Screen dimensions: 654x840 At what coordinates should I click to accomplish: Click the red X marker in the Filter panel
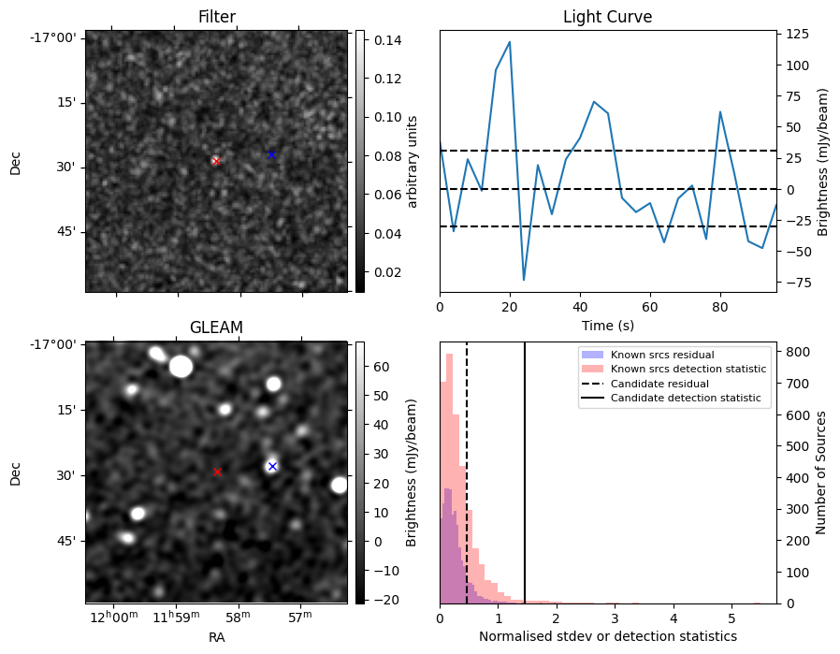pos(216,161)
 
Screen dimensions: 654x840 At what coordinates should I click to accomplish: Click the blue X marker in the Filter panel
pos(271,154)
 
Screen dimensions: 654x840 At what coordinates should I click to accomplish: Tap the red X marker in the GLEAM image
pos(217,472)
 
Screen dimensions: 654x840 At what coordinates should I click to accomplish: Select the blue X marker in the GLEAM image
pos(272,466)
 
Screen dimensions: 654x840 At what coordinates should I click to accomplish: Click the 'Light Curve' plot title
pos(607,18)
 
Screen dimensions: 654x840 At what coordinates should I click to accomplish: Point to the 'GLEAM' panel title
pos(216,327)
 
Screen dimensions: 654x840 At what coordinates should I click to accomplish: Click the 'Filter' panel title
pos(216,18)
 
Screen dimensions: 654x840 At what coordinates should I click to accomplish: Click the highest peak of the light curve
pos(510,42)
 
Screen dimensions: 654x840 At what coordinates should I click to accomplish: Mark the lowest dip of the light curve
pos(524,280)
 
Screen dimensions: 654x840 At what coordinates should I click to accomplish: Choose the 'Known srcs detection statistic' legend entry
pos(688,370)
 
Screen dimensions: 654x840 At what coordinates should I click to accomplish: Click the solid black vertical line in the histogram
pos(525,468)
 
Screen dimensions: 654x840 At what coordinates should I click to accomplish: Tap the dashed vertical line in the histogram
pos(467,468)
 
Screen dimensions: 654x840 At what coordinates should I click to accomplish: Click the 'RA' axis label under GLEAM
pos(216,637)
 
